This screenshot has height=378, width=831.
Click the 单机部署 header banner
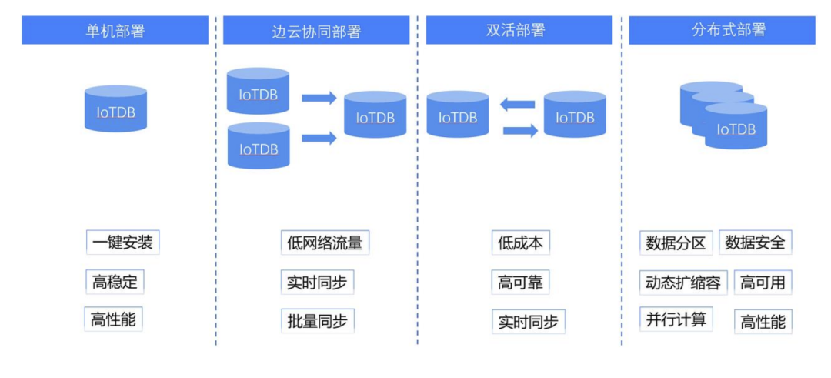point(115,31)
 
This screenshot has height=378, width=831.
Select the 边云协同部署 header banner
point(316,31)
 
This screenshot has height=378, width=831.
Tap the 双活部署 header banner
point(519,31)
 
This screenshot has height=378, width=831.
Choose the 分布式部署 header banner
point(721,31)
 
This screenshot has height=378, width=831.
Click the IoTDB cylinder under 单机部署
point(115,109)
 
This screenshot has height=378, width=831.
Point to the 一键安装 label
point(122,243)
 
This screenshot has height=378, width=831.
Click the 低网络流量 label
point(324,243)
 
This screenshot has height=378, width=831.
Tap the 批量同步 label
point(316,321)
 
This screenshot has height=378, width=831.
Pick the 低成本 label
point(521,243)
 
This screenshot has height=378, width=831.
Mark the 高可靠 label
point(521,283)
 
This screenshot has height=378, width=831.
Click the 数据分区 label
point(676,243)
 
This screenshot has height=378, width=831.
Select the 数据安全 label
point(755,243)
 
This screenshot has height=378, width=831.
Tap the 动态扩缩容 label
point(682,283)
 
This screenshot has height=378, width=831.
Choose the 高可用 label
point(763,283)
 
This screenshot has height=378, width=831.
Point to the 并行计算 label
point(676,319)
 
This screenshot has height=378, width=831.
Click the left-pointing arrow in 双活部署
point(518,104)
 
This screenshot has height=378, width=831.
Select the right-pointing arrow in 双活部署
point(520,131)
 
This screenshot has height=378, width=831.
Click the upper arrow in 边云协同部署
point(319,98)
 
